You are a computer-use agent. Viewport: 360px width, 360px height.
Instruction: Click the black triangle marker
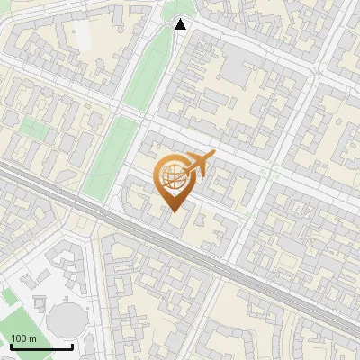point(181,24)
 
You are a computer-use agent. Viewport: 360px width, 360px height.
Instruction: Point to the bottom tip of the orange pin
point(173,211)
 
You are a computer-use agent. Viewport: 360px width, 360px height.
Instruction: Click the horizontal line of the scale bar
point(40,347)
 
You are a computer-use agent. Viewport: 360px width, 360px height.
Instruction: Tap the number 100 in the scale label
point(19,338)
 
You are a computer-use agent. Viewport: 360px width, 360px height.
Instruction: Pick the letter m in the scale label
point(32,338)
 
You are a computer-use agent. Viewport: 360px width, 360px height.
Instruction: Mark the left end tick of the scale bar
point(10,346)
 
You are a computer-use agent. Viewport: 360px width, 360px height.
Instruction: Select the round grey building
point(65,319)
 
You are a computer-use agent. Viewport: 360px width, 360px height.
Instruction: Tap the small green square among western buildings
point(32,127)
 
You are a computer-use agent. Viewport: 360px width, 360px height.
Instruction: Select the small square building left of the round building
point(39,301)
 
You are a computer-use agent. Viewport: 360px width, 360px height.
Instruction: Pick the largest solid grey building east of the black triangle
point(237,67)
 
